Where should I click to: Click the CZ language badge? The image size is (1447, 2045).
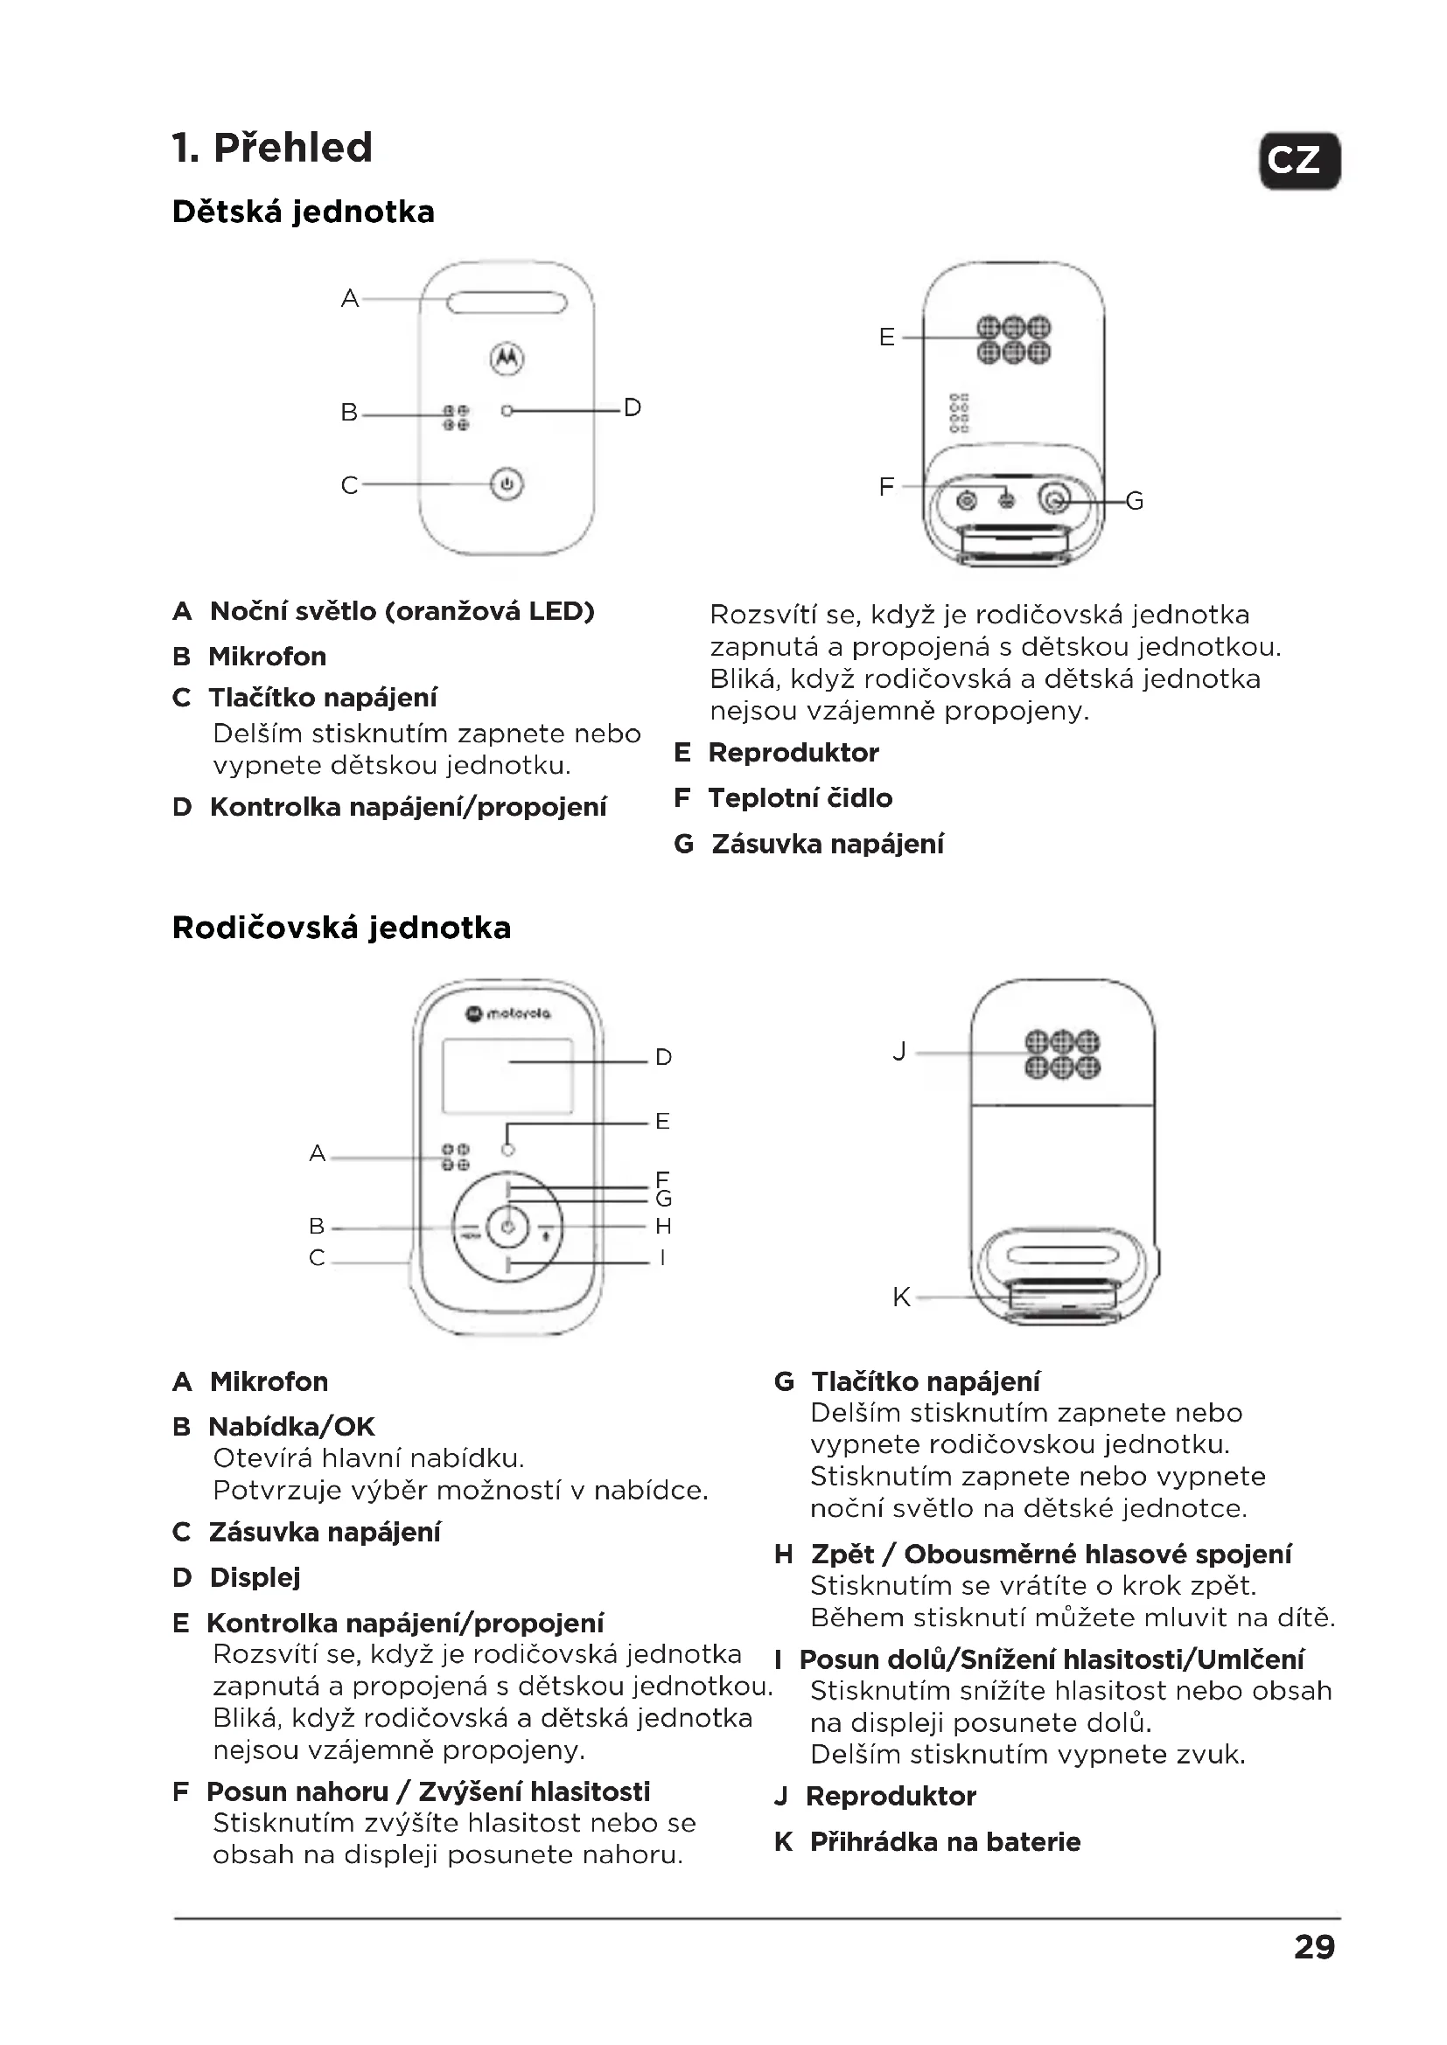pos(1299,161)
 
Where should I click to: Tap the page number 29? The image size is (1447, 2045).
pos(1314,1948)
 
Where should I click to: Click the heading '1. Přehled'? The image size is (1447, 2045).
pos(273,148)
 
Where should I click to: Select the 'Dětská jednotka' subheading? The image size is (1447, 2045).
pos(303,212)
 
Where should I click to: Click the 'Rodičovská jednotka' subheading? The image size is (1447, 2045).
pos(341,929)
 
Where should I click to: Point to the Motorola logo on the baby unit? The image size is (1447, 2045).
pos(507,358)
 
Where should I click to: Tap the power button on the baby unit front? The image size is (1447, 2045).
pos(507,484)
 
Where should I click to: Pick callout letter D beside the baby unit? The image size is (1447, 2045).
pos(632,408)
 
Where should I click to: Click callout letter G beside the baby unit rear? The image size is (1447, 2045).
pos(1135,502)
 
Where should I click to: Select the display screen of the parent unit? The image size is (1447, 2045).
pos(507,1076)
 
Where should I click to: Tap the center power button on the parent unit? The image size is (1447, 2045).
pos(507,1228)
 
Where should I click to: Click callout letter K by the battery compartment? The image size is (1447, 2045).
pos(901,1297)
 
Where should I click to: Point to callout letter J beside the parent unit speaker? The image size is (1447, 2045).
pos(899,1052)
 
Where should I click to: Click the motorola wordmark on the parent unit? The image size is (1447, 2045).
pos(510,1013)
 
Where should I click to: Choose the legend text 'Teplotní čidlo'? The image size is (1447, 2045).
pos(800,798)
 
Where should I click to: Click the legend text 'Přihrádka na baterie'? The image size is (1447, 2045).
pos(945,1842)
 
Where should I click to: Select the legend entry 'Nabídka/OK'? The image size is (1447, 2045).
pos(291,1427)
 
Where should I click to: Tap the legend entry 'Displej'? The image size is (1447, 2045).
pos(255,1577)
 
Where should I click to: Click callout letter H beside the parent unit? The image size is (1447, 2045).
pos(663,1227)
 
